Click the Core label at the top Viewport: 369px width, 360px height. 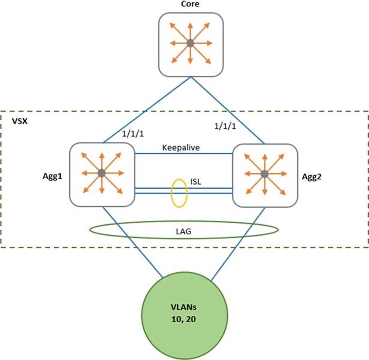click(190, 4)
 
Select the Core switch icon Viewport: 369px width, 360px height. click(190, 44)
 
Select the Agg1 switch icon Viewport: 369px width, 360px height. click(101, 173)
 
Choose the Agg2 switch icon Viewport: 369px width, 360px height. click(265, 174)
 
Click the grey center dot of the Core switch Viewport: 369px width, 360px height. click(190, 43)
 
